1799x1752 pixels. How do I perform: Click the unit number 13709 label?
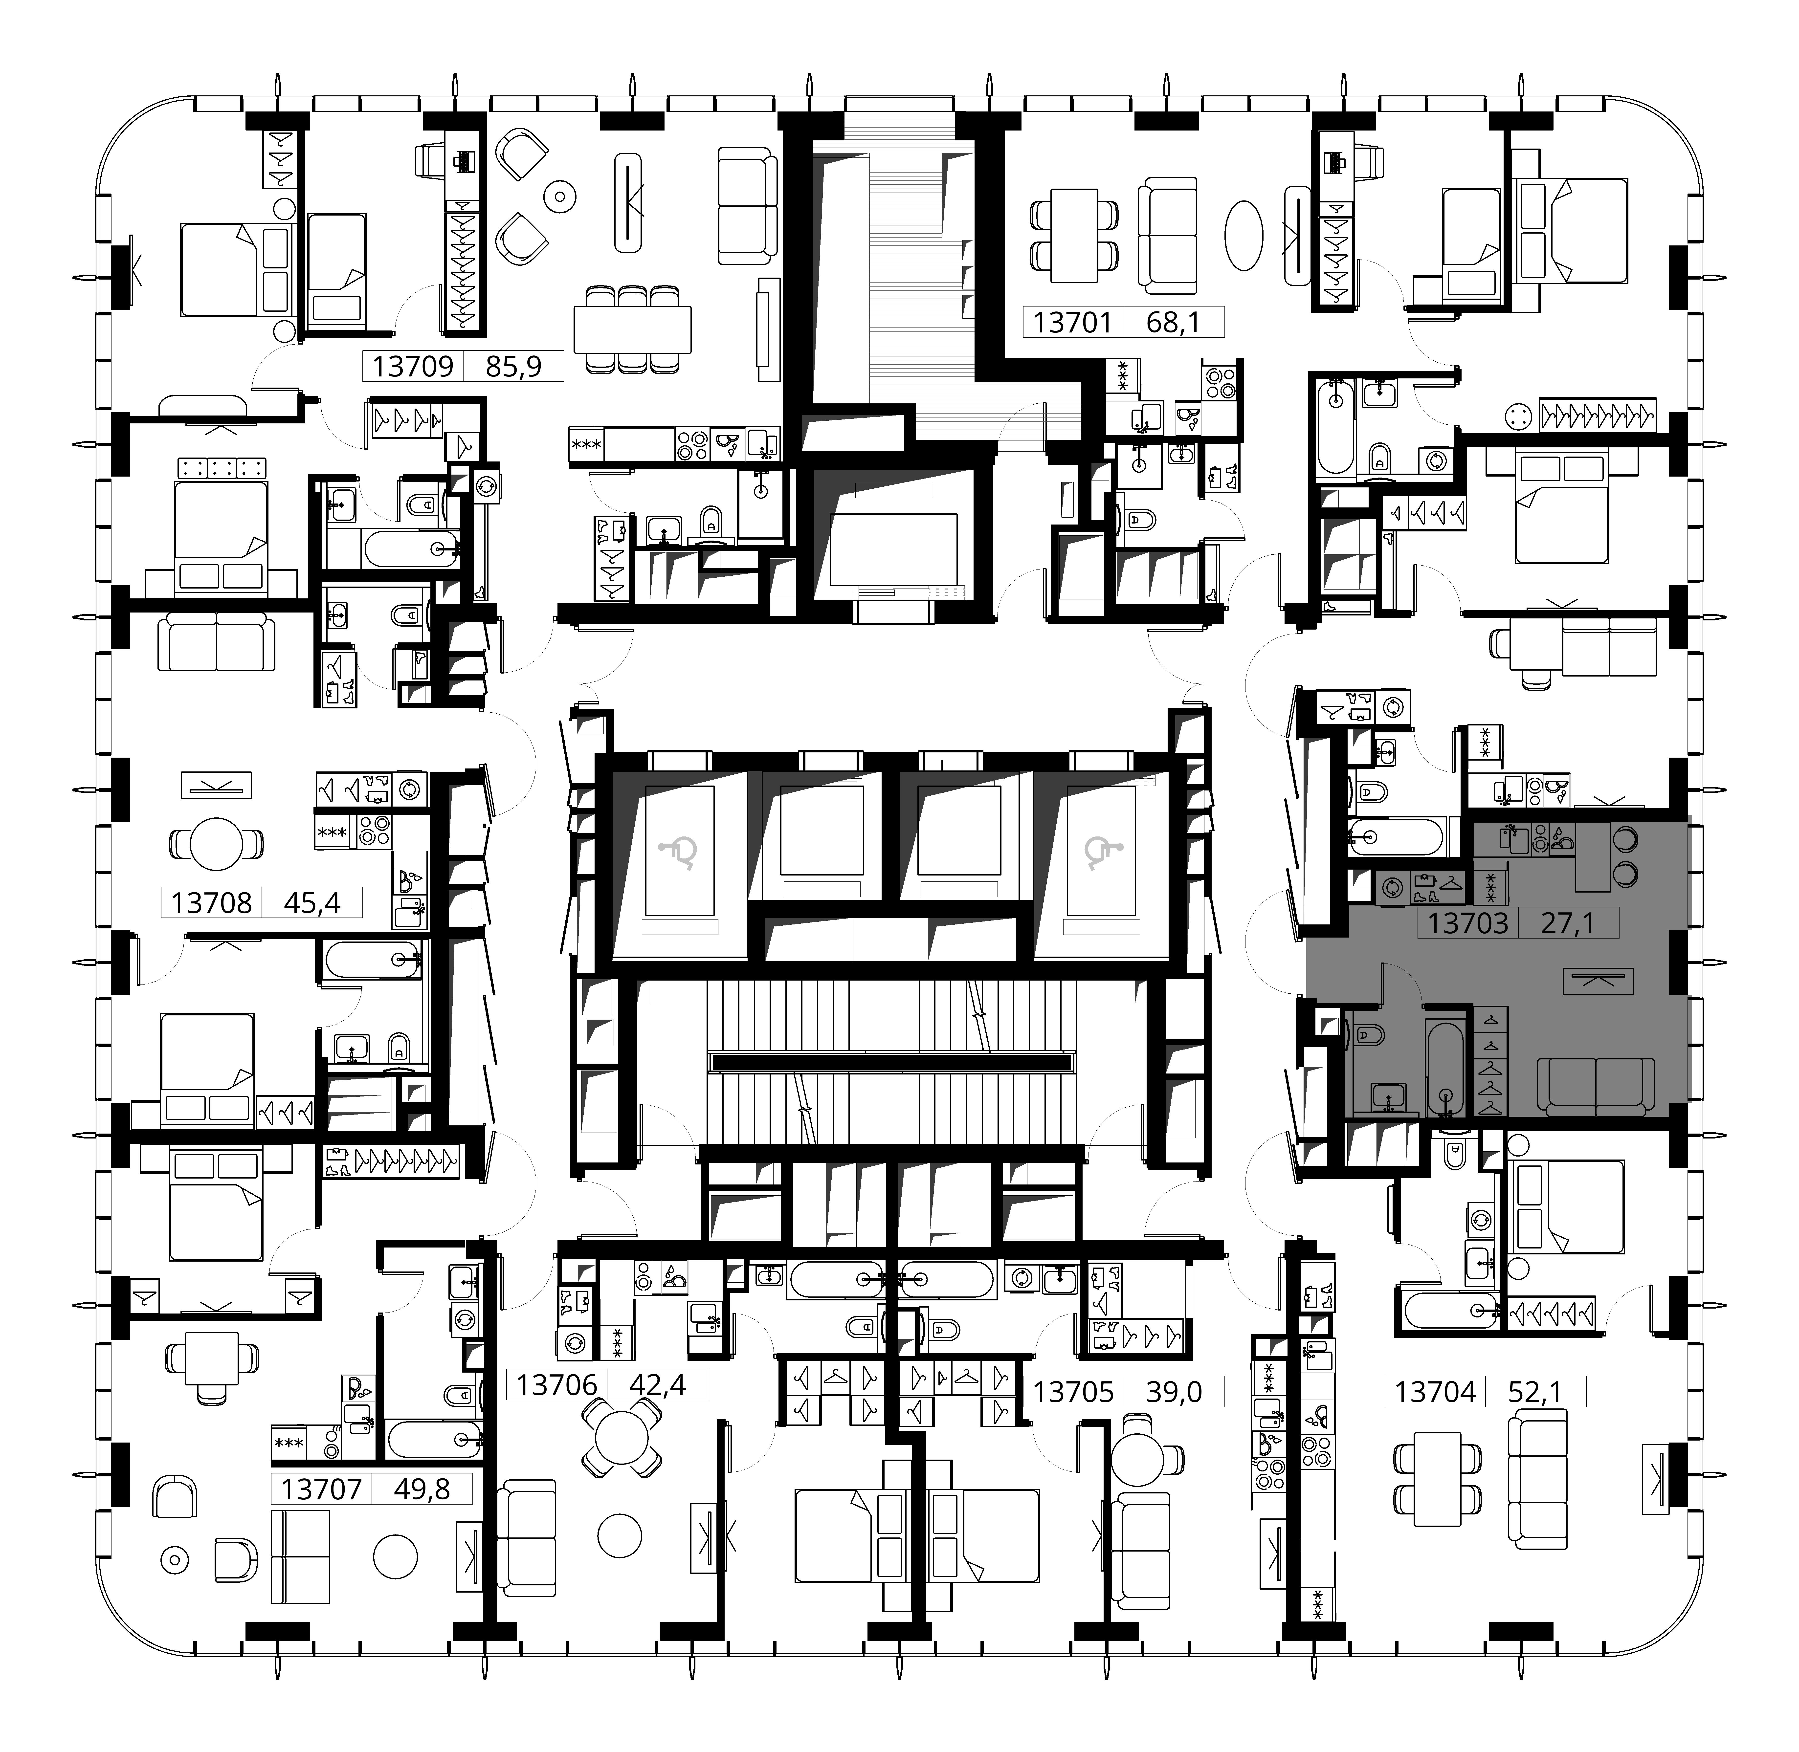click(x=413, y=366)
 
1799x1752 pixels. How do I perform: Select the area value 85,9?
click(x=513, y=366)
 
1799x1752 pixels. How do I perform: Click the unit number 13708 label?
click(x=212, y=903)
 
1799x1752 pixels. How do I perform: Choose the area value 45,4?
click(x=312, y=903)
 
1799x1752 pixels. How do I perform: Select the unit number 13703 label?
click(x=1469, y=923)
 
